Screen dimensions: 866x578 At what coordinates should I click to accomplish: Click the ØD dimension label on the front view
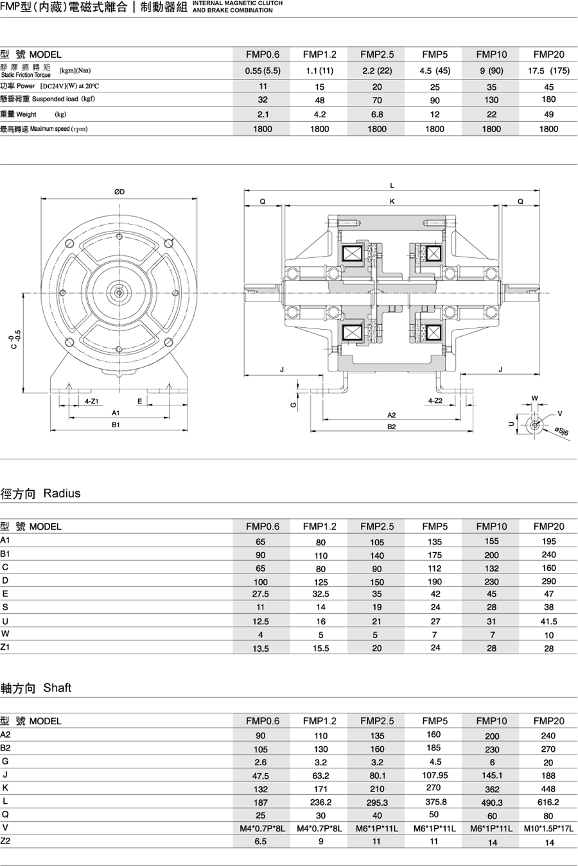119,192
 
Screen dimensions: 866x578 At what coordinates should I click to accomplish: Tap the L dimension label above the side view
392,186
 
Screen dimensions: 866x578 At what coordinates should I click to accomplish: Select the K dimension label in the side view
392,201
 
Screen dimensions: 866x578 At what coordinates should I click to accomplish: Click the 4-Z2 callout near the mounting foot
435,401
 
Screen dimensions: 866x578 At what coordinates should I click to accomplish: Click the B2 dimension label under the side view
392,427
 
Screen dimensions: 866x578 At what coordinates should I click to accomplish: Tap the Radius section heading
62,493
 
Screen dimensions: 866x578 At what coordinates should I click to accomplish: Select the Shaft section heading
57,688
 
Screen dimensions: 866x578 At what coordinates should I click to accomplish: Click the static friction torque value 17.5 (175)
548,71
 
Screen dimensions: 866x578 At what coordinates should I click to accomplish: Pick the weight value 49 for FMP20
548,114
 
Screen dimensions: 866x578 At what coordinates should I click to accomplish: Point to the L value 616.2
548,802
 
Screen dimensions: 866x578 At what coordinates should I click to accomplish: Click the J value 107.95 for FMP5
435,775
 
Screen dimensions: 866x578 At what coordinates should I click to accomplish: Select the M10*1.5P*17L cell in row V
548,828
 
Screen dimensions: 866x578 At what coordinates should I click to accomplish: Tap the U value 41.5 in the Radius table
548,621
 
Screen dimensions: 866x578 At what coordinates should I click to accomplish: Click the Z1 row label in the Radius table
5,647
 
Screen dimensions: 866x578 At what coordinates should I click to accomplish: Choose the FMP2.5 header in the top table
377,55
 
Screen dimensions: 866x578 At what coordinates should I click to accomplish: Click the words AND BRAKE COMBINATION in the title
232,10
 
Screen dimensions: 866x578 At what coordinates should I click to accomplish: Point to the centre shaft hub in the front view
119,293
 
